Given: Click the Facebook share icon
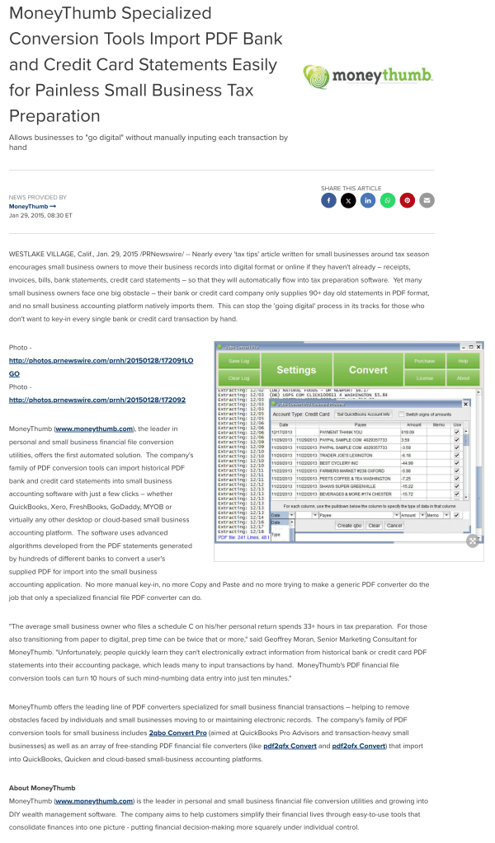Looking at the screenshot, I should [328, 200].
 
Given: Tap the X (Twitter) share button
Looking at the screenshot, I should [348, 200].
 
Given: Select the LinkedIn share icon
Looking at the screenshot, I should [368, 200].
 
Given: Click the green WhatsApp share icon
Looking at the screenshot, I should [387, 200].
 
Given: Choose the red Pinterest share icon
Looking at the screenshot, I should [407, 200].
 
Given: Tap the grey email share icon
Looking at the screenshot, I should [427, 200].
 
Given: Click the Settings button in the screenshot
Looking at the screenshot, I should [296, 370].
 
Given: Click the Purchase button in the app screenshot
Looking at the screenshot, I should [425, 362].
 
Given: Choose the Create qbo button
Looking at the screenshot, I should [349, 525].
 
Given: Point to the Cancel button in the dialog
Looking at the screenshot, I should [394, 525].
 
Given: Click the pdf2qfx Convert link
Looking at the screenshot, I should [290, 746].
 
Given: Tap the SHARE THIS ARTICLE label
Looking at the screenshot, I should [351, 188].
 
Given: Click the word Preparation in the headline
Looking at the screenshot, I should [54, 115].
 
